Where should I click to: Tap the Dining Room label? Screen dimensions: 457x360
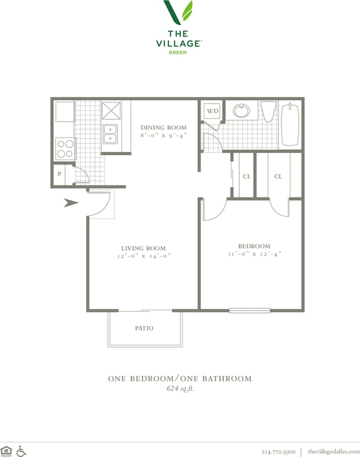[163, 127]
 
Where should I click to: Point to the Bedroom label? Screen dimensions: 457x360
[254, 246]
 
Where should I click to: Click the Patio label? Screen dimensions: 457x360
[144, 328]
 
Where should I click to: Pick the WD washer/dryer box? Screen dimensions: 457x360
[212, 111]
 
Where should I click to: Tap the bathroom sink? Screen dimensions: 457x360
[242, 111]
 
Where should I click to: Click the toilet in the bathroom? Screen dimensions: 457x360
[269, 111]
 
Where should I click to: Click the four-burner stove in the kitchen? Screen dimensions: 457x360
[65, 149]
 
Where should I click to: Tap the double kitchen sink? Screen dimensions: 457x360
[110, 134]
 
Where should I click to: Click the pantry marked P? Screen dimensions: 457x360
[59, 174]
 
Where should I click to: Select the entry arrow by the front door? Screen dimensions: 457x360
[71, 202]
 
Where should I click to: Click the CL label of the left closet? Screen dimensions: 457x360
[247, 176]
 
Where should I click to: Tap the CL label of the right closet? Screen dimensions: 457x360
[278, 176]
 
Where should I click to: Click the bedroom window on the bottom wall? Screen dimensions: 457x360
[249, 310]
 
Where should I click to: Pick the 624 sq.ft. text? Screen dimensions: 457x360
[180, 389]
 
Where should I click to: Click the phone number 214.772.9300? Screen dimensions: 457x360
[278, 451]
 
